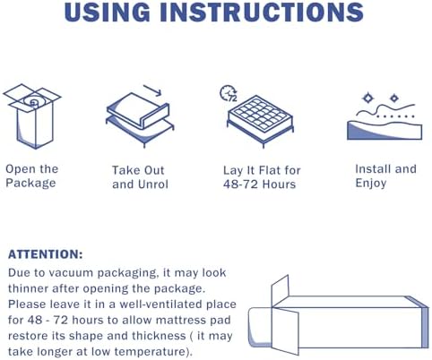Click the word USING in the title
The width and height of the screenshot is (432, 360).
click(107, 12)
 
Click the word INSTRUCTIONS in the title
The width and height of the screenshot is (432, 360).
click(262, 12)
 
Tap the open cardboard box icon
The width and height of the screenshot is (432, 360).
click(32, 116)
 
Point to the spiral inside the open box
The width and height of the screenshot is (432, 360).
click(32, 101)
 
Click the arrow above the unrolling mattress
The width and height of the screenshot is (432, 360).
click(152, 90)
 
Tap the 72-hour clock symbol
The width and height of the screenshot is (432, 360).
click(229, 93)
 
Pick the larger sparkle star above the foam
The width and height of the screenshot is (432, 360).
click(367, 98)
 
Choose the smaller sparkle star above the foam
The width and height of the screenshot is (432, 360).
click(394, 98)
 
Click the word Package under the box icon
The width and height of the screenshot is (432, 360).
click(30, 184)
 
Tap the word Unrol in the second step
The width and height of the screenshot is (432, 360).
click(153, 184)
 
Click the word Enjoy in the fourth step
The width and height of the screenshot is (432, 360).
click(371, 183)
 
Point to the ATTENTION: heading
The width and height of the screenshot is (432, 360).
click(45, 254)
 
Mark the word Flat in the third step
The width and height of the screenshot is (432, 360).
click(270, 170)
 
